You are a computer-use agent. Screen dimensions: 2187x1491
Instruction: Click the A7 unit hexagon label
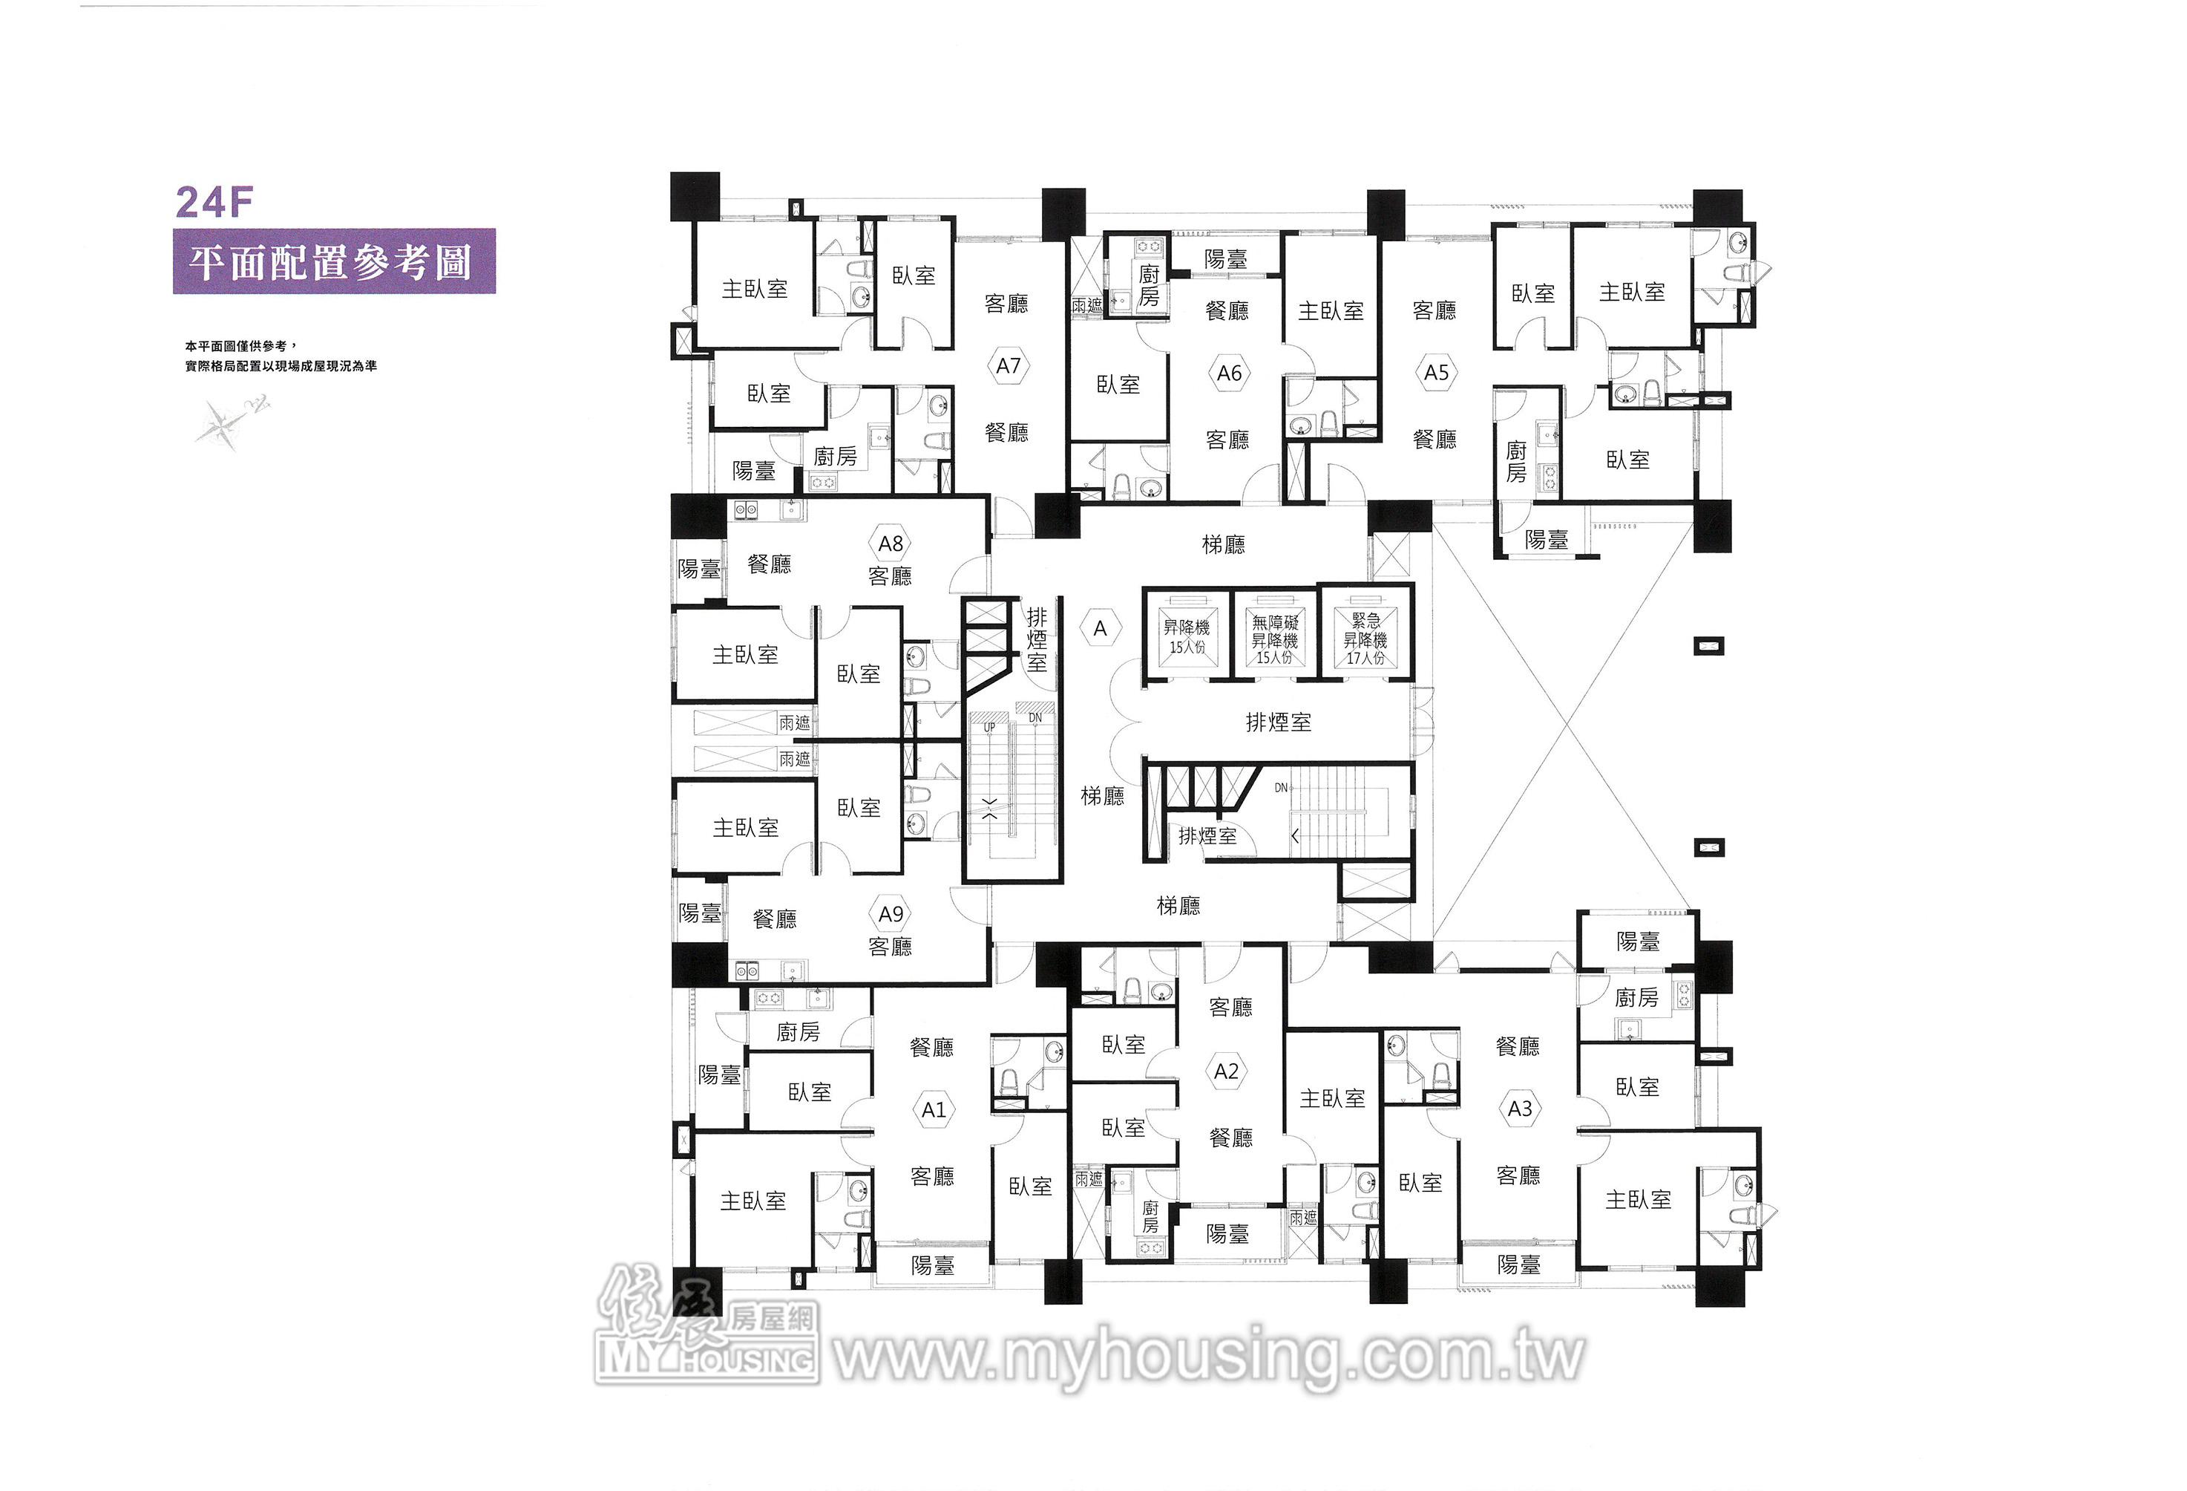(x=1008, y=365)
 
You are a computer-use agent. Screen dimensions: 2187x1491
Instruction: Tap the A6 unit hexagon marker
(x=1229, y=373)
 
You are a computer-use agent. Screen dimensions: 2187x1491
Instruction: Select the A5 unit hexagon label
(x=1436, y=372)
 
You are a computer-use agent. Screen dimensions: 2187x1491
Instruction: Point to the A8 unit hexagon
(x=891, y=543)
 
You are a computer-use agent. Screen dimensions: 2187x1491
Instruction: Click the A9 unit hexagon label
(x=891, y=914)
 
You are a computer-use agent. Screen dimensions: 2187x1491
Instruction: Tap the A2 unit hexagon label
(x=1226, y=1071)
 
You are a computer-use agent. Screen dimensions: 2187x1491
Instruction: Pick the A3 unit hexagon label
(x=1520, y=1109)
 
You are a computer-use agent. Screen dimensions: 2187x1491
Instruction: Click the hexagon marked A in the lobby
(x=1100, y=628)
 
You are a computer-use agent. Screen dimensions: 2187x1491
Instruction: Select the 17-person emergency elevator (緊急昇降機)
(x=1365, y=630)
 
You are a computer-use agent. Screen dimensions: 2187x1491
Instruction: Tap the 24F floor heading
(x=214, y=203)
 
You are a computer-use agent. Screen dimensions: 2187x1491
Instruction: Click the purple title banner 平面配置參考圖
(x=334, y=261)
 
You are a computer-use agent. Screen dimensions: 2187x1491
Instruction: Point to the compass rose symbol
(x=232, y=421)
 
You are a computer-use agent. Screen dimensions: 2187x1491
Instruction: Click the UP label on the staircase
(x=989, y=727)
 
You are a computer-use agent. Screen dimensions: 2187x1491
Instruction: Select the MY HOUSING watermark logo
(x=706, y=1327)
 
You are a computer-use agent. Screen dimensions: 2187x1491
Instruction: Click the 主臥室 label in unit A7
(x=755, y=289)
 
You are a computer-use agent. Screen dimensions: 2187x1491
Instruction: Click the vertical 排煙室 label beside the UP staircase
(x=1036, y=639)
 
